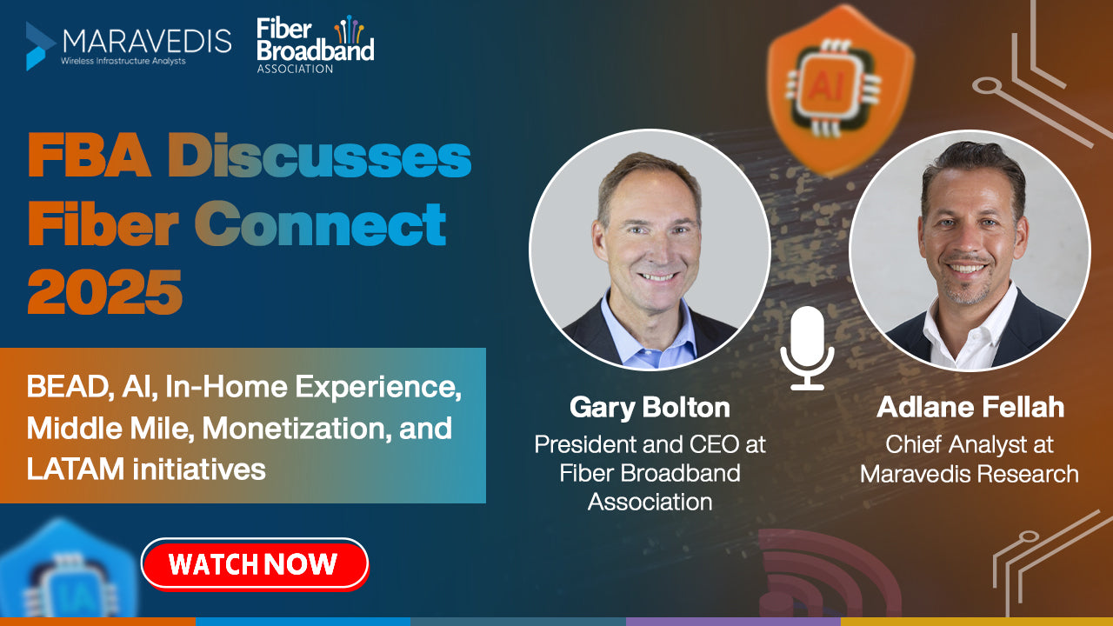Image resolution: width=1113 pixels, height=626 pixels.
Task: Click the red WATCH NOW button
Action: click(x=255, y=564)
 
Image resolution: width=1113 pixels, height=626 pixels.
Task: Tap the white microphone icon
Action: click(x=807, y=348)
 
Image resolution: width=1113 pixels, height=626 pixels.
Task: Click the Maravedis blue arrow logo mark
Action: click(x=40, y=46)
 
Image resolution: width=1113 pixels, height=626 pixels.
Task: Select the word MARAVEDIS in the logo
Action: click(x=147, y=41)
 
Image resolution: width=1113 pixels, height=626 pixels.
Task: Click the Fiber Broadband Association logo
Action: click(x=315, y=44)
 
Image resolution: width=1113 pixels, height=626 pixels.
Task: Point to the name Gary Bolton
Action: click(x=650, y=408)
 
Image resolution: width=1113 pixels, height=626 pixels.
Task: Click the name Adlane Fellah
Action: click(x=970, y=408)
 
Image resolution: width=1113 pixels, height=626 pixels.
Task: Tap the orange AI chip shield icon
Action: click(x=840, y=90)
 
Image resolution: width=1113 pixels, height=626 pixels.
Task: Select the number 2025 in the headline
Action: click(x=105, y=292)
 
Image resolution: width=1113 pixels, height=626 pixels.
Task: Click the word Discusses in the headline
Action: click(x=319, y=156)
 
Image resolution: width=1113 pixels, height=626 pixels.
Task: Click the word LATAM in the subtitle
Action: click(x=75, y=469)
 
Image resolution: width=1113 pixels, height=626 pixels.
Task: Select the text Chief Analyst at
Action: click(x=970, y=444)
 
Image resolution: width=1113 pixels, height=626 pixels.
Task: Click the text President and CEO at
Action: click(x=650, y=444)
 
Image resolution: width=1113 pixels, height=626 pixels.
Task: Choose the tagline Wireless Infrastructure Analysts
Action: click(x=123, y=62)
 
